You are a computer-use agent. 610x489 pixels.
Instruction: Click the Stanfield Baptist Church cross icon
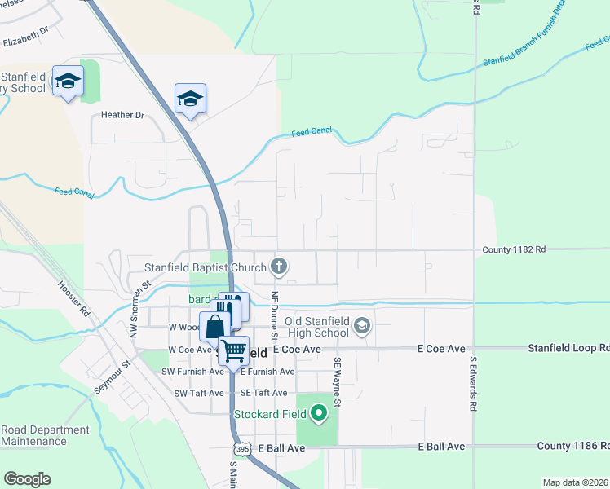[x=279, y=267]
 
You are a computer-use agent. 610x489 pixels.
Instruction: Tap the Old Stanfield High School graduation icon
[x=362, y=327]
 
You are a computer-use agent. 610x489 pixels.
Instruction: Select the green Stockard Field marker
[x=318, y=414]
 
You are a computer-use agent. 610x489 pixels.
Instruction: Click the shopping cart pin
[x=234, y=351]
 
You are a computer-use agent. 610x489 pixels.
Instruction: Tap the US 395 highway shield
[x=242, y=449]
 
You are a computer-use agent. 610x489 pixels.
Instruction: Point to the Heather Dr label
[x=122, y=115]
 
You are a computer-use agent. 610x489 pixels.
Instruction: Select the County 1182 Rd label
[x=514, y=249]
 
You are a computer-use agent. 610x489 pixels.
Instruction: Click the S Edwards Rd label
[x=471, y=384]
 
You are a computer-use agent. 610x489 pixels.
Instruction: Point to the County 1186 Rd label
[x=573, y=446]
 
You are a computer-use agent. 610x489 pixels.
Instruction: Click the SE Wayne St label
[x=335, y=384]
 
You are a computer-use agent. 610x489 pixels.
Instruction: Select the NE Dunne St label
[x=275, y=315]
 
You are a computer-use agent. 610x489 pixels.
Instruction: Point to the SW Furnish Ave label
[x=192, y=372]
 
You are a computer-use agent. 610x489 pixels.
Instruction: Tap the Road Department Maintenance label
[x=45, y=435]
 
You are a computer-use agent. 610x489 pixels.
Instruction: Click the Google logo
[x=27, y=479]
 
